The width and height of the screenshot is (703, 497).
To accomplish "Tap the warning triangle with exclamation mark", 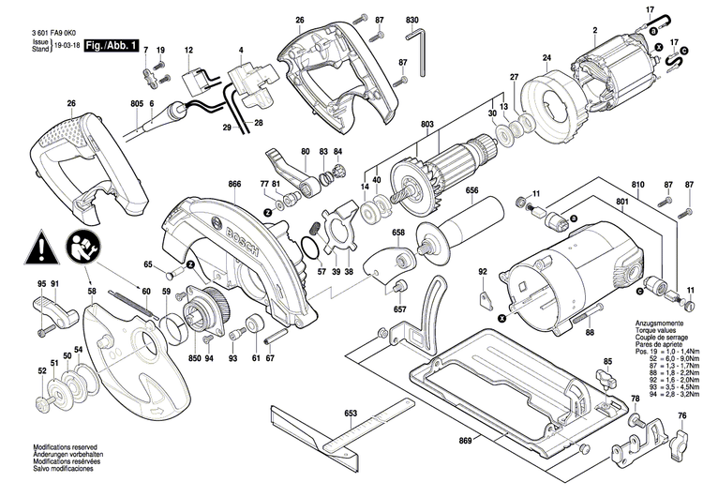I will (x=41, y=248).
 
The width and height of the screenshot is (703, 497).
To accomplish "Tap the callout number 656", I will (x=471, y=191).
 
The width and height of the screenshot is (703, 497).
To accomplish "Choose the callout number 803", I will (x=427, y=124).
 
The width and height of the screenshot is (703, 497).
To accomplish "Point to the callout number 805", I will (x=137, y=103).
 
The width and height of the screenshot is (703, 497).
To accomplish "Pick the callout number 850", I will (x=195, y=358).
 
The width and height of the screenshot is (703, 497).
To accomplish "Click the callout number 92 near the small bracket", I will (x=483, y=273).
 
